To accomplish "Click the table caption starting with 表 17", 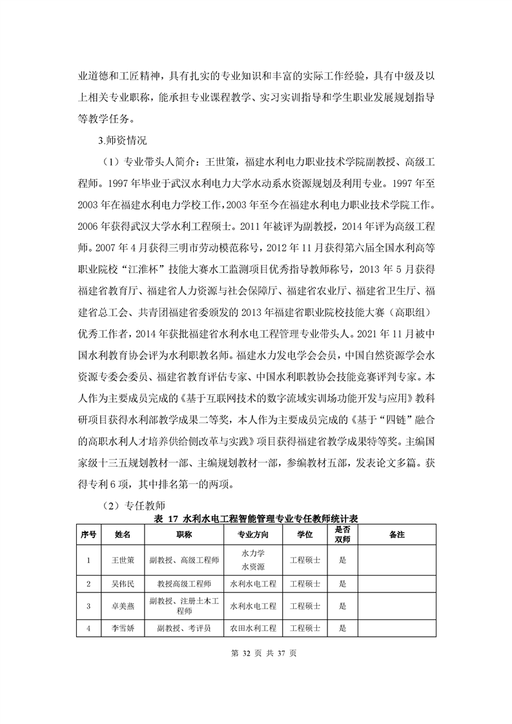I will pyautogui.click(x=256, y=518).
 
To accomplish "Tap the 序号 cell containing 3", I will pyautogui.click(x=88, y=606).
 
